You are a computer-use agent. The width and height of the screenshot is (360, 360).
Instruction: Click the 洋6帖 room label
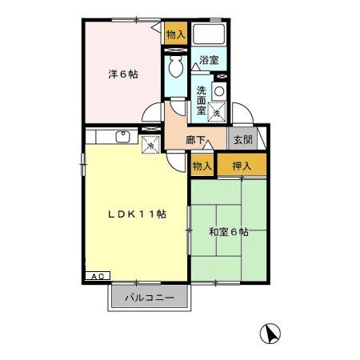click(x=123, y=75)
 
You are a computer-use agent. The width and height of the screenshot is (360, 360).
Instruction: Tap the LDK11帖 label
click(x=138, y=214)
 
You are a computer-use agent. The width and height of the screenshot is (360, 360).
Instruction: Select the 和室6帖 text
click(x=228, y=232)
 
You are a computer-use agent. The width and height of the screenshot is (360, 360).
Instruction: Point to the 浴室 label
click(x=209, y=60)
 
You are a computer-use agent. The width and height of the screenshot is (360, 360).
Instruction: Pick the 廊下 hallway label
click(x=195, y=140)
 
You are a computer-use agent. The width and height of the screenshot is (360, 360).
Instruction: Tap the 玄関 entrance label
click(x=241, y=139)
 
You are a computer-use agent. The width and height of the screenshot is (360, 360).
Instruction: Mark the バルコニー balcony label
click(x=150, y=299)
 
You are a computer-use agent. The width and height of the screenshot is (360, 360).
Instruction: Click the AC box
click(x=95, y=275)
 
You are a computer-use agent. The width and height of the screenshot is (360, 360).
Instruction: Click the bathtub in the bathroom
click(x=210, y=35)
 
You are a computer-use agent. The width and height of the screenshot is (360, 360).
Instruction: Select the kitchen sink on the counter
click(x=123, y=136)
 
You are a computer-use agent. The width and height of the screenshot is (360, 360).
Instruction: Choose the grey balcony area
click(x=150, y=299)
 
